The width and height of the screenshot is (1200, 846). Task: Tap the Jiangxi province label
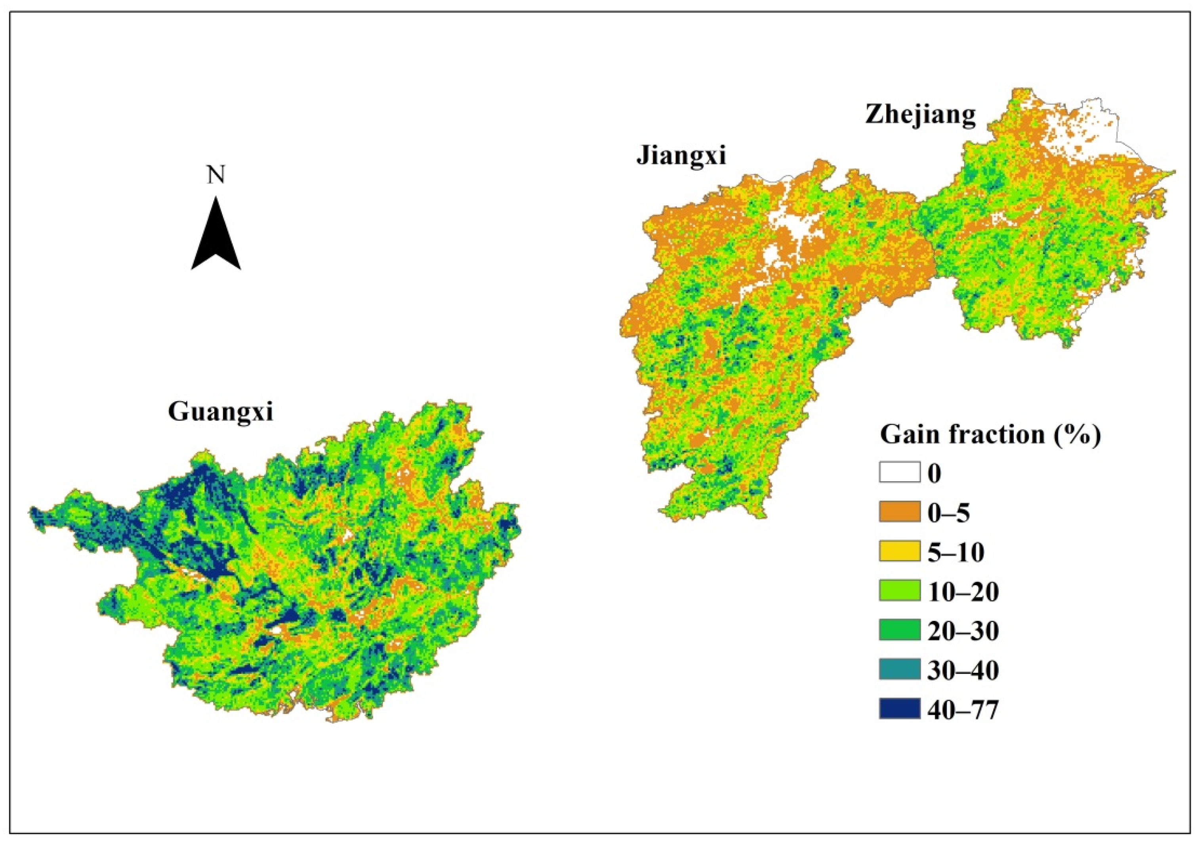(x=681, y=155)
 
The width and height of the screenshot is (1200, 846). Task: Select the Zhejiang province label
(x=920, y=114)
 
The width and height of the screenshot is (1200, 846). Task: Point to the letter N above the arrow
(x=216, y=175)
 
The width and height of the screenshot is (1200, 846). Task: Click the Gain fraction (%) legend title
(x=990, y=434)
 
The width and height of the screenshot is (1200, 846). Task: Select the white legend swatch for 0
(x=899, y=472)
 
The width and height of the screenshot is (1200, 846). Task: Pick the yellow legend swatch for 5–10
(x=899, y=551)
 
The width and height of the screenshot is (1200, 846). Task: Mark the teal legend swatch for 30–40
(x=899, y=670)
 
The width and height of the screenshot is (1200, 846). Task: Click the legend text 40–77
(x=963, y=710)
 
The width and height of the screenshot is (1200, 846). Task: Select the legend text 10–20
(x=963, y=592)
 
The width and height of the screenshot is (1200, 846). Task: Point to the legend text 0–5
(x=948, y=513)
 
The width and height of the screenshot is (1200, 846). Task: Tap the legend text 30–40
(x=963, y=671)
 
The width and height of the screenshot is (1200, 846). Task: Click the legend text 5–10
(x=956, y=552)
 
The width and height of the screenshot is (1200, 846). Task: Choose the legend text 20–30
(x=963, y=631)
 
